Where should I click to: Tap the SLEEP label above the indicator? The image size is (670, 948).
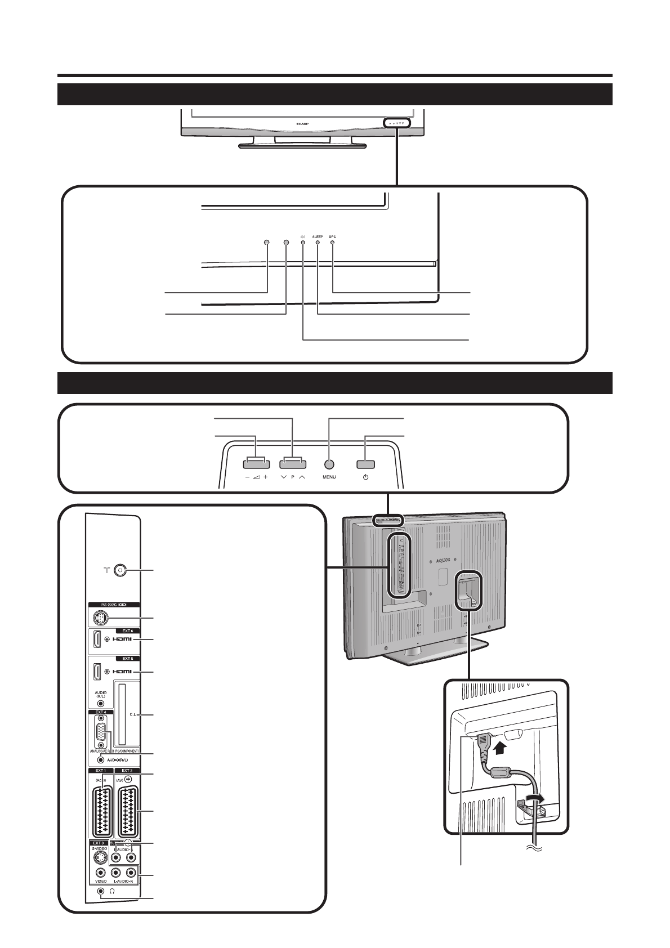click(318, 236)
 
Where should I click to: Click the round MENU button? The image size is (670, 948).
click(329, 464)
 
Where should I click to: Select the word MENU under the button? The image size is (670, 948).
click(329, 477)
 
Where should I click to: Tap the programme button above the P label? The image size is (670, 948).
click(291, 464)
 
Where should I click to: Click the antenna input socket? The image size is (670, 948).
click(119, 570)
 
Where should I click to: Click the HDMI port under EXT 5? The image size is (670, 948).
click(97, 672)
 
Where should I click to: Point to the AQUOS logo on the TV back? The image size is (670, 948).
click(449, 560)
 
